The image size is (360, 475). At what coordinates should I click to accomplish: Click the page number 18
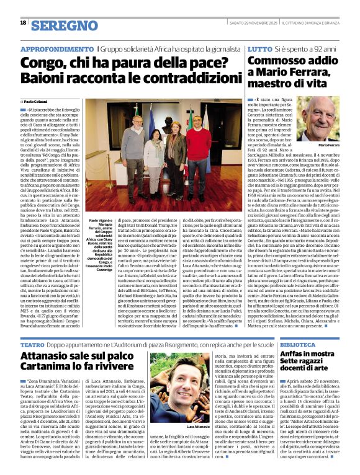coord(23,23)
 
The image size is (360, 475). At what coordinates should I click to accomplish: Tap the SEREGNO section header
coord(60,25)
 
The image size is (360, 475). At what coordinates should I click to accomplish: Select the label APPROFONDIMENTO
coord(56,48)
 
